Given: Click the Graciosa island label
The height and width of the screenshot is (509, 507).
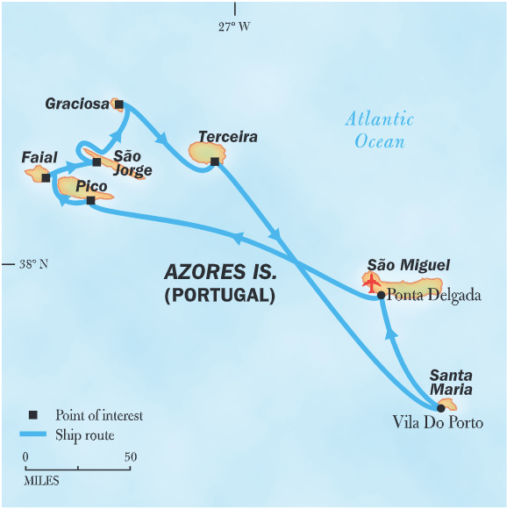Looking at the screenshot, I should click(78, 104).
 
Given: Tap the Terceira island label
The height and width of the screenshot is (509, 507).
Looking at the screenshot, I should click(227, 137).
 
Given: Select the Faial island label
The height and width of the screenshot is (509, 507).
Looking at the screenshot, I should click(39, 157).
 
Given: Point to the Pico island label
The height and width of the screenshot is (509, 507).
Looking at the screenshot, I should click(91, 186).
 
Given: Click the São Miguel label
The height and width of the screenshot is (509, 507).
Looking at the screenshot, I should click(409, 265).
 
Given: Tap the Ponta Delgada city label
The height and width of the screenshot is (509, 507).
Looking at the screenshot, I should click(433, 295).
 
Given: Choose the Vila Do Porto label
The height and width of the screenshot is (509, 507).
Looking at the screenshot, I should click(437, 423).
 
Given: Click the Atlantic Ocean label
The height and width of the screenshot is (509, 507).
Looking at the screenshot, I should click(379, 130).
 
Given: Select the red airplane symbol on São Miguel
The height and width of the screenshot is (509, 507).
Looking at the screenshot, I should click(372, 283).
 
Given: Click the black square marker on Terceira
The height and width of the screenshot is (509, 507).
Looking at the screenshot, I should click(215, 161).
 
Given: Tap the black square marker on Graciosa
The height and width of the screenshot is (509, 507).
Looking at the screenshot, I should click(119, 104).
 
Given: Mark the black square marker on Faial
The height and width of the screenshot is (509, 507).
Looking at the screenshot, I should click(46, 177).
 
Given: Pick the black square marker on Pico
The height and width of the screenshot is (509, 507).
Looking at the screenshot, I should click(91, 200).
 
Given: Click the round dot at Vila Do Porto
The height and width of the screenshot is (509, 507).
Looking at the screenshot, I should click(440, 407).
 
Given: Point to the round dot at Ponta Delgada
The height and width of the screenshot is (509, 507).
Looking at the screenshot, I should click(381, 295).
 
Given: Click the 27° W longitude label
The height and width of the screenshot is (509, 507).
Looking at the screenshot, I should click(234, 26).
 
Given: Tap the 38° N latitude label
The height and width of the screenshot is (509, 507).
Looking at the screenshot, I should click(33, 263).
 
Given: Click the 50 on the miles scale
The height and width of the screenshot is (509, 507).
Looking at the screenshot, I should click(130, 456).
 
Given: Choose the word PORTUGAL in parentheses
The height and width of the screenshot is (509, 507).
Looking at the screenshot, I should click(219, 296).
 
